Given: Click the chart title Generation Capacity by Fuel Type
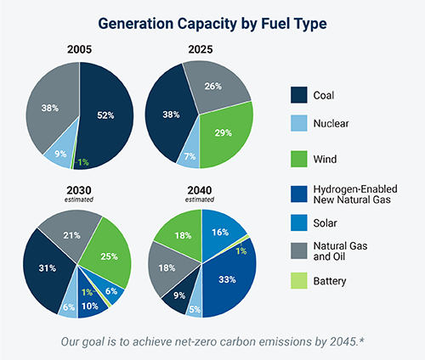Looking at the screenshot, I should [212, 23].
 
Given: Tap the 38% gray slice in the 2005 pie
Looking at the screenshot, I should [50, 109].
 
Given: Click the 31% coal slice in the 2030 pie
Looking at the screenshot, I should [48, 267].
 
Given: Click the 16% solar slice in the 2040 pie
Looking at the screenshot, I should [220, 232].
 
